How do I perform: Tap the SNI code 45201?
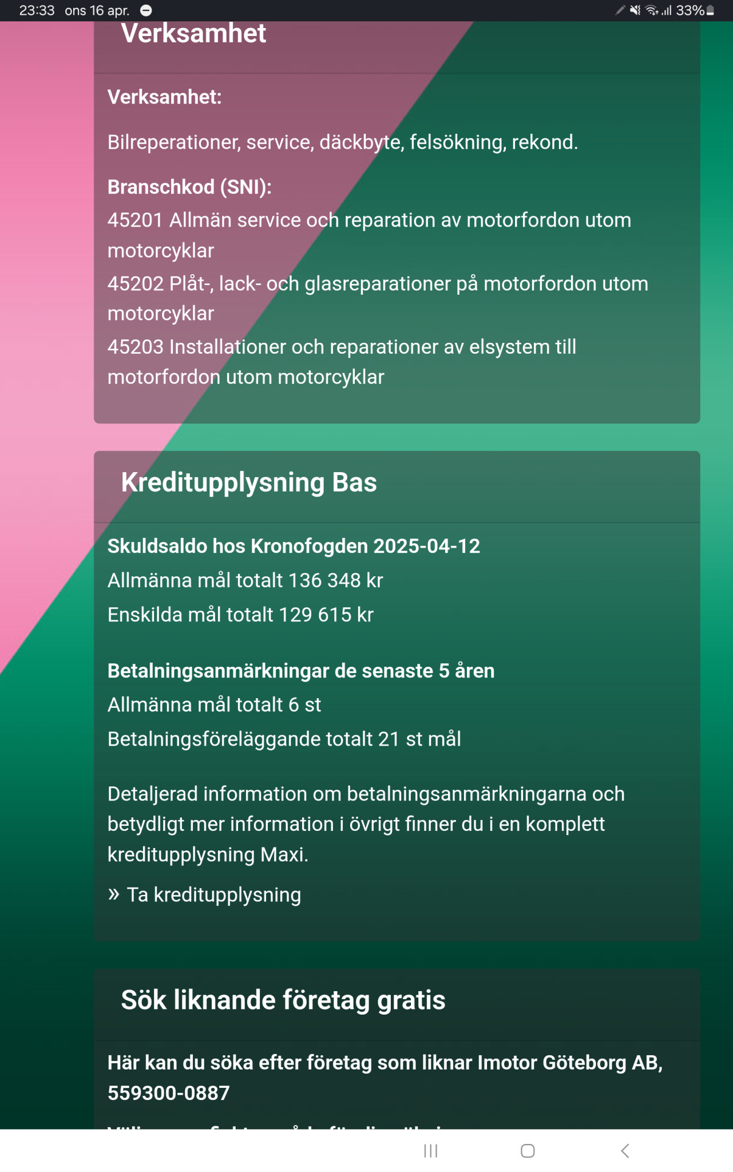coord(135,220)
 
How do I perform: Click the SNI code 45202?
coord(135,284)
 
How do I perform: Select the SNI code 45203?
coord(135,347)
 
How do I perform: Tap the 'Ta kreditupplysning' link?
coord(213,894)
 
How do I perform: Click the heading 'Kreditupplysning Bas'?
coord(249,482)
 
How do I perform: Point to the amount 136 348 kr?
coord(335,580)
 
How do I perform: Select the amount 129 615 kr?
coord(326,615)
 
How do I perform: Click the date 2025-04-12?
coord(426,546)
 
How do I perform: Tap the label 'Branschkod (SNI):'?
coord(189,187)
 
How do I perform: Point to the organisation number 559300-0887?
coord(169,1093)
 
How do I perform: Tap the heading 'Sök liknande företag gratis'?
coord(283,1000)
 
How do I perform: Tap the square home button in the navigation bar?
coord(528,1151)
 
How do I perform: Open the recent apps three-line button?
coord(430,1151)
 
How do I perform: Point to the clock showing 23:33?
coord(37,10)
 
